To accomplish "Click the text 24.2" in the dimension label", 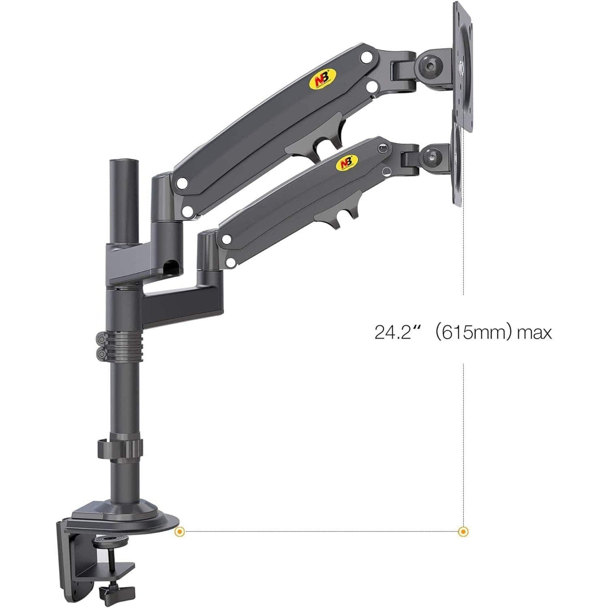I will coord(395,333).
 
